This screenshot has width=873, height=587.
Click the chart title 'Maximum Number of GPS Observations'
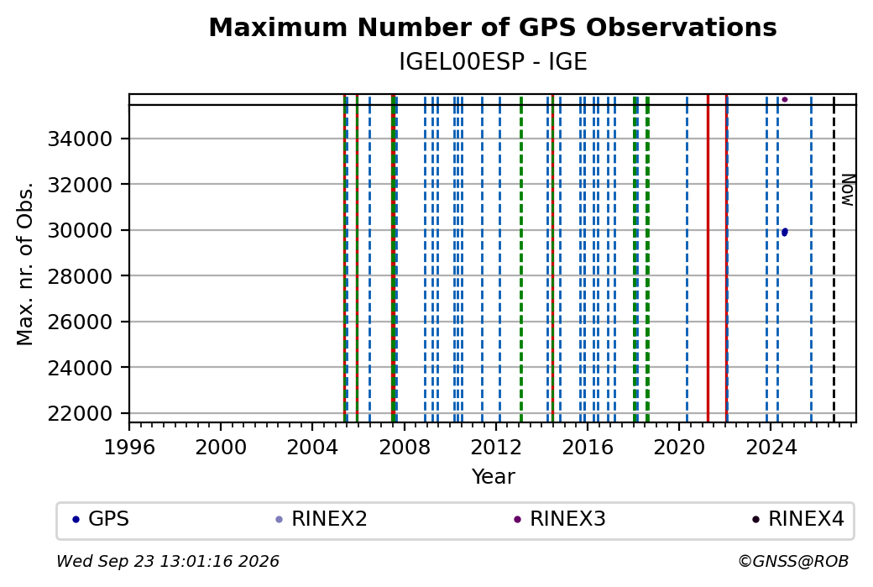point(493,27)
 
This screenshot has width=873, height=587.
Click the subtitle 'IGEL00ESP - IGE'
point(493,62)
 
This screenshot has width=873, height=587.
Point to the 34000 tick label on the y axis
point(81,139)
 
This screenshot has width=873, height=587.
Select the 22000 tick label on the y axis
point(81,413)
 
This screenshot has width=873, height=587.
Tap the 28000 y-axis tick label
point(81,275)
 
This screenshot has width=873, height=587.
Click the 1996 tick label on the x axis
point(129,447)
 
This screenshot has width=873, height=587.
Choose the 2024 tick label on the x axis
point(771,447)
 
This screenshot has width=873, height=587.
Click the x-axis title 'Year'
point(494,477)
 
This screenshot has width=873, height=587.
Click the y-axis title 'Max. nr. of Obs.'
point(25,264)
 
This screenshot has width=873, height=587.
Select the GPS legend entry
point(102,519)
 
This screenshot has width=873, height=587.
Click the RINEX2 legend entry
point(321,519)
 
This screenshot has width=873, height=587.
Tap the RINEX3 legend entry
point(560,519)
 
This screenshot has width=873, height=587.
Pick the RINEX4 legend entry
point(798,519)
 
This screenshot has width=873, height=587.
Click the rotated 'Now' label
point(847,191)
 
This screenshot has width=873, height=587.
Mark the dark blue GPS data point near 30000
point(785,233)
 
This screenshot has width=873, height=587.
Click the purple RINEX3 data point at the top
point(785,100)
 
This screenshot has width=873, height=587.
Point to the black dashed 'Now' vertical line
point(834,259)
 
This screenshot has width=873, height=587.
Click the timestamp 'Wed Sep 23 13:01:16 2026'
point(168,561)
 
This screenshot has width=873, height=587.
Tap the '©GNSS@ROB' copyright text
point(793,561)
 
